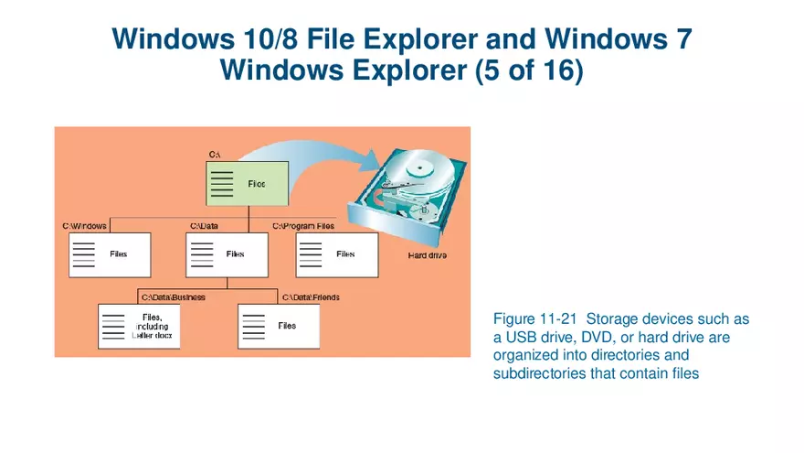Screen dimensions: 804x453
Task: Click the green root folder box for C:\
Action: tap(247, 183)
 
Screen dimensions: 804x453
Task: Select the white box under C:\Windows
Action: tap(110, 254)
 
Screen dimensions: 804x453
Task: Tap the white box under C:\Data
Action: tap(227, 254)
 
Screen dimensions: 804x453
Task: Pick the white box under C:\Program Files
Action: tap(336, 254)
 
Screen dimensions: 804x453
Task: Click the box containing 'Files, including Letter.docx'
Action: tap(140, 327)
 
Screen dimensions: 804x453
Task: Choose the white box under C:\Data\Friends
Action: tap(279, 327)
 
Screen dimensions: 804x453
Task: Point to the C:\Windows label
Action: tap(84, 225)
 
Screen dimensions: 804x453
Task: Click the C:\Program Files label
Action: tap(303, 225)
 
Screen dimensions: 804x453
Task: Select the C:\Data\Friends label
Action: tap(311, 297)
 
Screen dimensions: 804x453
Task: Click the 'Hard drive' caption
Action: tap(427, 255)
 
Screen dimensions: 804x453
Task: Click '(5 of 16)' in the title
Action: tap(529, 70)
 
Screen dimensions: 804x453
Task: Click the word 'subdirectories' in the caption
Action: tap(535, 373)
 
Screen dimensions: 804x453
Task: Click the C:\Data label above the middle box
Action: tap(204, 225)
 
